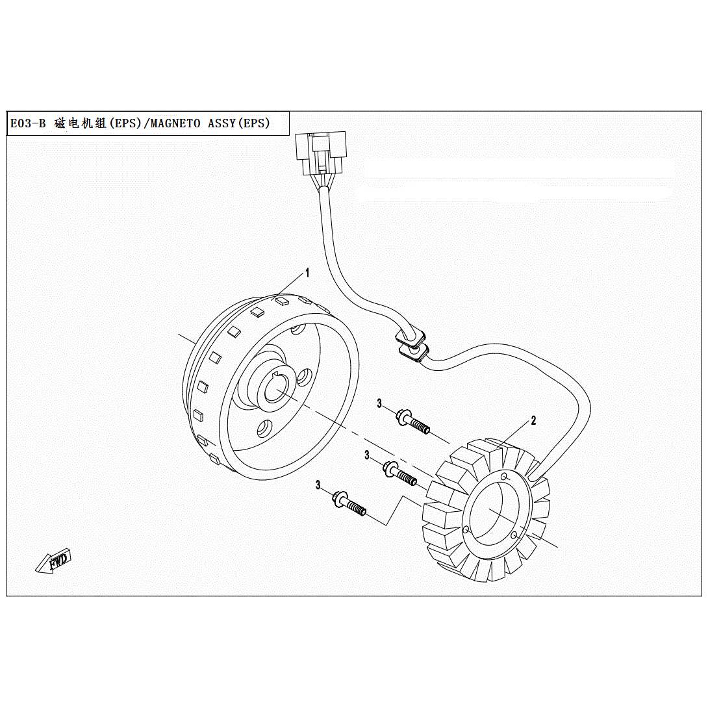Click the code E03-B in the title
coord(28,123)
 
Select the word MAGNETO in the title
coord(175,123)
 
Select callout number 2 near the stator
coord(533,421)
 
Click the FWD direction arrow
coord(55,561)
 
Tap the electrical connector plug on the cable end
coord(320,152)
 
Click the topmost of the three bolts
coord(413,420)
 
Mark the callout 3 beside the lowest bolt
coord(318,485)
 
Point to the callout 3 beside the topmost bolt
coord(380,404)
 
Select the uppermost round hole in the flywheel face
coord(297,329)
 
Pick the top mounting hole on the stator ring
coord(504,477)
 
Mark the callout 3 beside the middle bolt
coord(367,456)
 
